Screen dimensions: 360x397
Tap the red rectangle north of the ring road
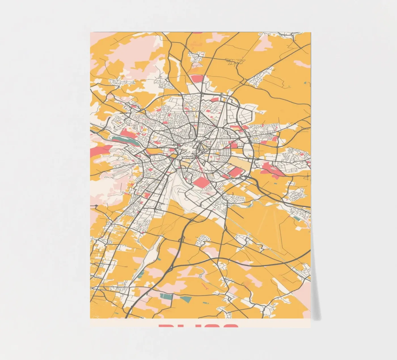tap(196, 79)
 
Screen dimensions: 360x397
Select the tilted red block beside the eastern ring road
tap(235, 172)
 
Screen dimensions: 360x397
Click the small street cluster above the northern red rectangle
tap(198, 56)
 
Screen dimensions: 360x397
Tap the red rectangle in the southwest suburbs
tap(147, 195)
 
